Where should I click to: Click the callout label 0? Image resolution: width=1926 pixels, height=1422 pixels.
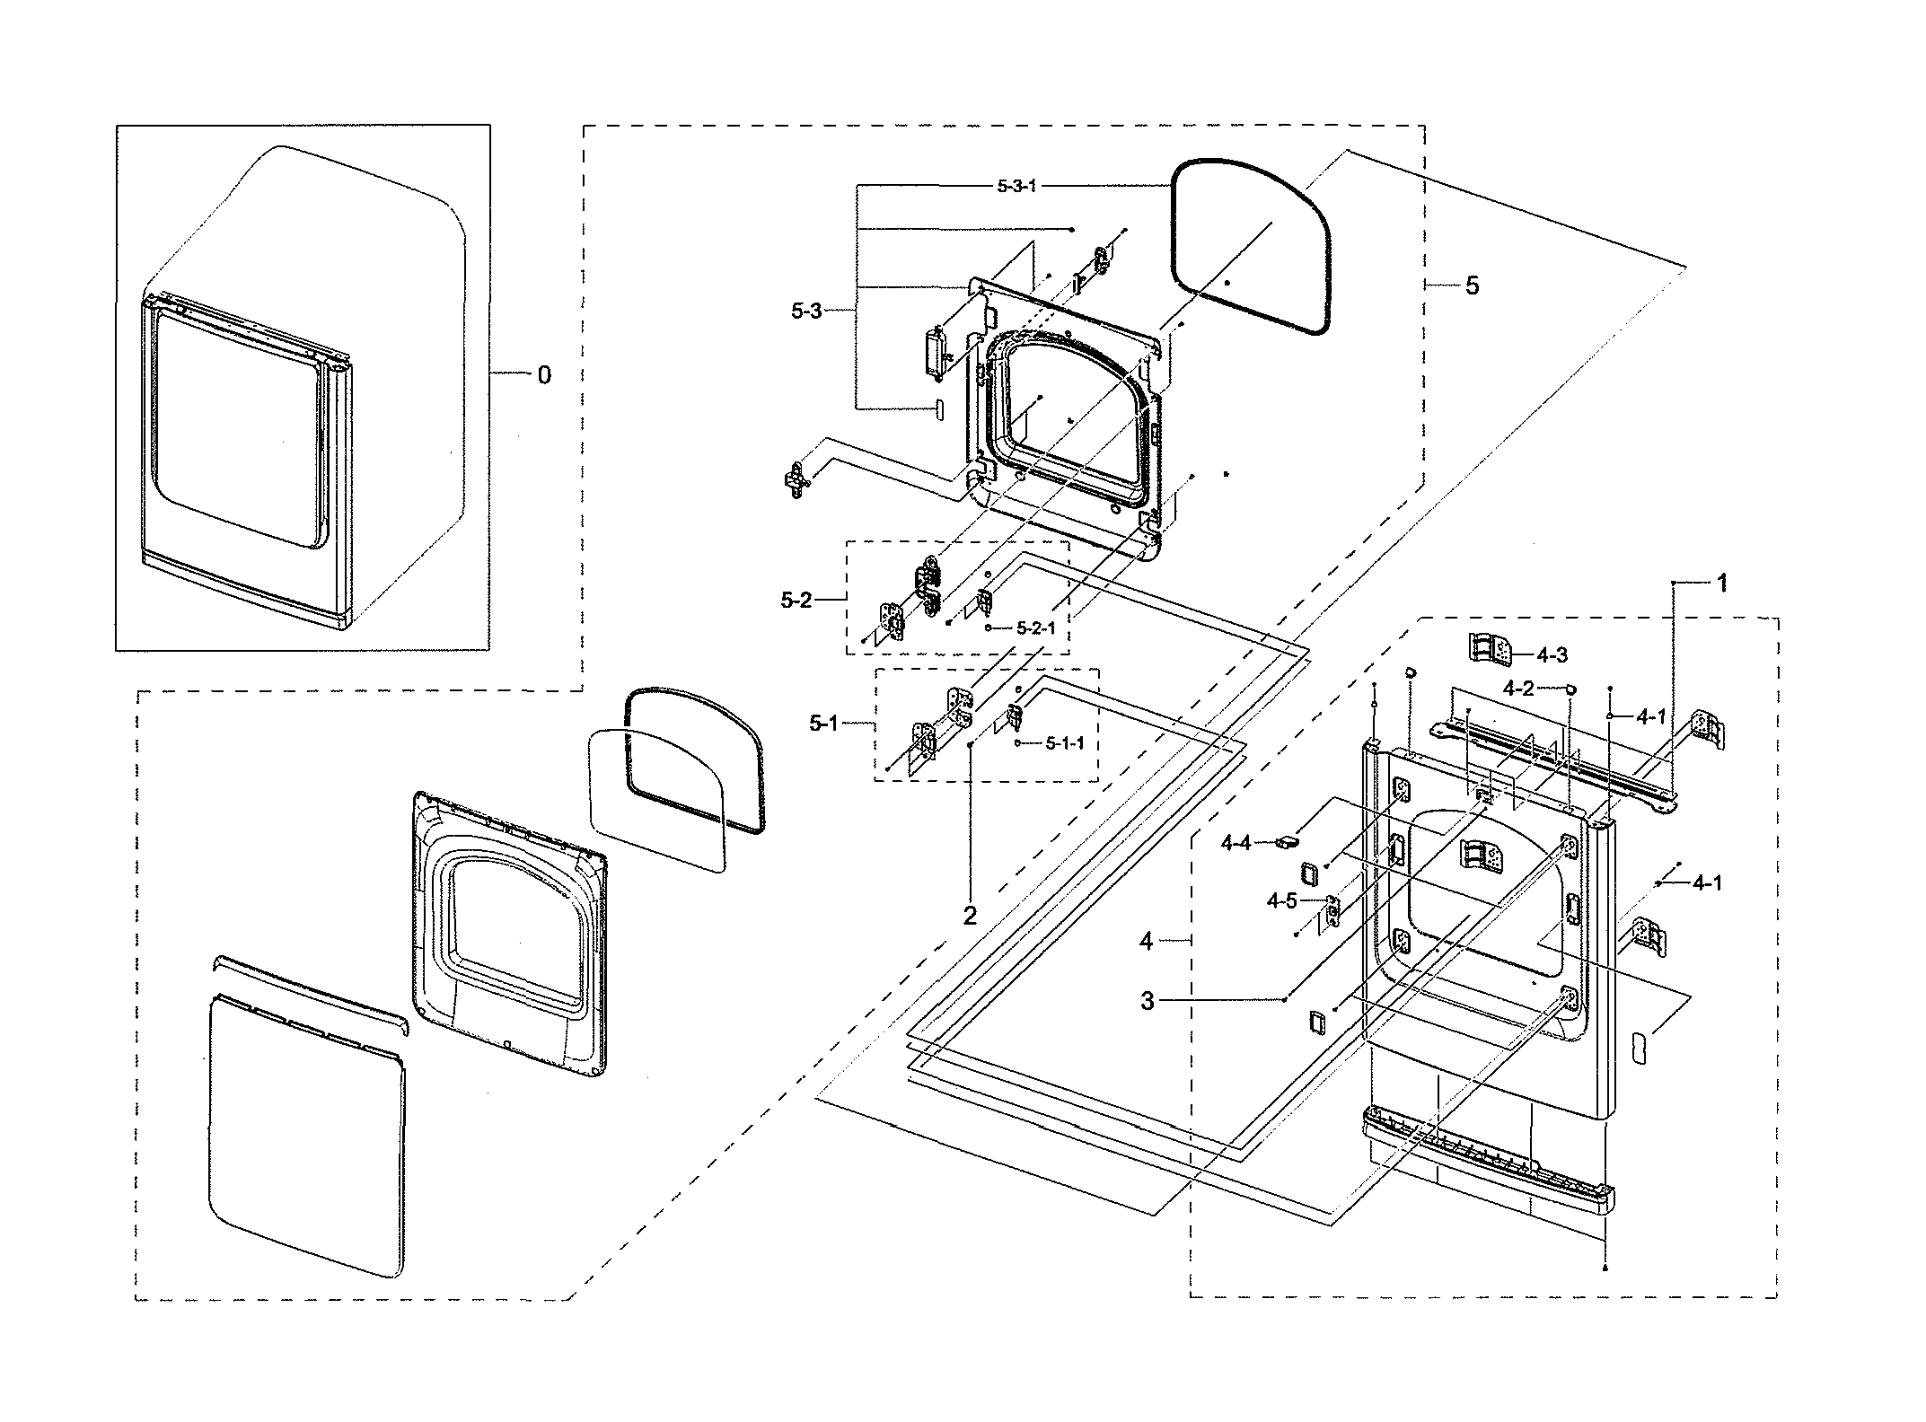pos(544,375)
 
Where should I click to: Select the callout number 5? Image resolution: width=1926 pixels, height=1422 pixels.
pos(1472,285)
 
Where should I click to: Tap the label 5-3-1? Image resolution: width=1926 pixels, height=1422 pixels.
pos(1016,186)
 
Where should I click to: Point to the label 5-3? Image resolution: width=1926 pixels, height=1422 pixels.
pos(806,311)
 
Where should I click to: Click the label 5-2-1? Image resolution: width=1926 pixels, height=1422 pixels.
pos(1036,628)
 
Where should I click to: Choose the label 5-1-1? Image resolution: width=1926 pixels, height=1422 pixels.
pos(1065,743)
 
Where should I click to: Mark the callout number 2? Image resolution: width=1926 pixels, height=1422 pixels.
pos(970,916)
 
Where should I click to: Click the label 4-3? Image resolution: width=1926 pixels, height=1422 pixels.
pos(1552,654)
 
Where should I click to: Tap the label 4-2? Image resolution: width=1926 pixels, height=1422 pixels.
pos(1518,689)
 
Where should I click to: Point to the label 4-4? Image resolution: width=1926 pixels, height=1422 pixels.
pos(1236,843)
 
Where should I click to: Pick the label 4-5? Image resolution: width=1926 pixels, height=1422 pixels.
pos(1282,900)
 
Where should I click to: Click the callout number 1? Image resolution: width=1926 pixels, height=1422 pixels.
pos(1722,583)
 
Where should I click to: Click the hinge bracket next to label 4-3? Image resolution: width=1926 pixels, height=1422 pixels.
pos(1491,647)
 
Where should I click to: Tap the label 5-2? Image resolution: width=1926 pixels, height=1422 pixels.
pos(796,600)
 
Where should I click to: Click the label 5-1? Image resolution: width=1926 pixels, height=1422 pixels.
pos(822,723)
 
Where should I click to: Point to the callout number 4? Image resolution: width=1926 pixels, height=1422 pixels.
pos(1147,941)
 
